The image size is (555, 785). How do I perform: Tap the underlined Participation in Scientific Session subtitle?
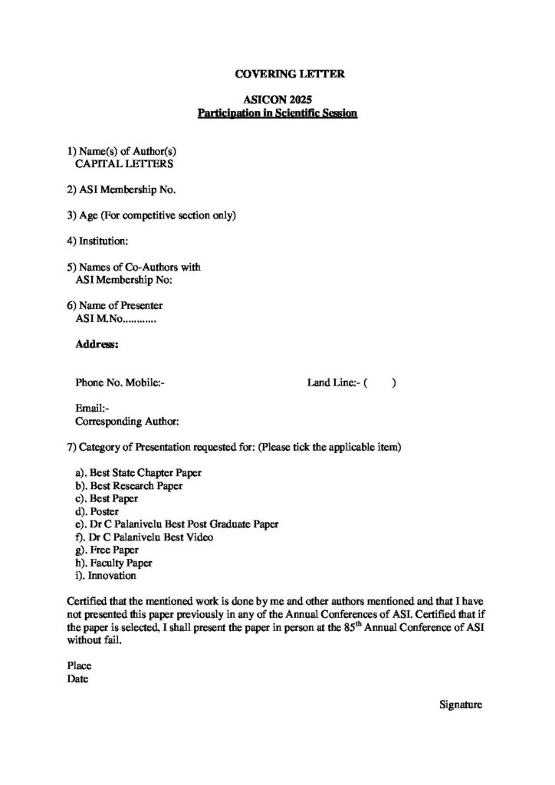point(277,113)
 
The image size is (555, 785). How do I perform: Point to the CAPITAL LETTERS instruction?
point(123,163)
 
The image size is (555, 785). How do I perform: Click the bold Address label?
point(97,346)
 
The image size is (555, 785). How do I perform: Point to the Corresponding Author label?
point(127,421)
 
